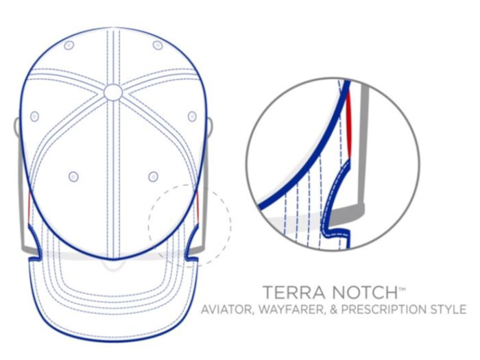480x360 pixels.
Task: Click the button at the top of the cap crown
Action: [x=113, y=92]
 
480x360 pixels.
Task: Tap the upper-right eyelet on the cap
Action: [x=158, y=45]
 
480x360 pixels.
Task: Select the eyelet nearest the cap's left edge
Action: [x=35, y=116]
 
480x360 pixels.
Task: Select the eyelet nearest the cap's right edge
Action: [x=192, y=116]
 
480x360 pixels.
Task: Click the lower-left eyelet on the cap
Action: [x=73, y=177]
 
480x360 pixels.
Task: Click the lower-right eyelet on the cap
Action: [x=153, y=177]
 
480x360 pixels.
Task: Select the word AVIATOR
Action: [x=228, y=310]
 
